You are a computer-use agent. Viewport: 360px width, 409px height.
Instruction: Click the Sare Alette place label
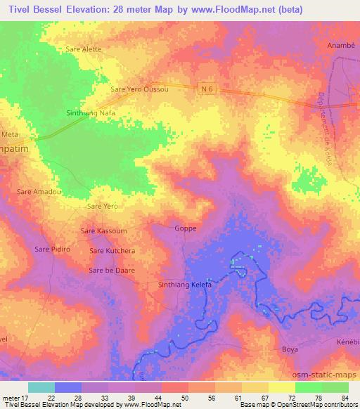tap(84, 49)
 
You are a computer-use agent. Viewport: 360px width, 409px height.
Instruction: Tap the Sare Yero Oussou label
tap(140, 89)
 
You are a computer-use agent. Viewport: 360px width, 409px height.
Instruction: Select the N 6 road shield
tap(205, 88)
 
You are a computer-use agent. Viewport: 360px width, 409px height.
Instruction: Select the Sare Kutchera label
tap(112, 250)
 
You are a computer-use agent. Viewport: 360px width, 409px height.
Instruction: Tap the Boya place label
tap(290, 349)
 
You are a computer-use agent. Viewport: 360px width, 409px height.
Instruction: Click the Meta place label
tap(10, 133)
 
